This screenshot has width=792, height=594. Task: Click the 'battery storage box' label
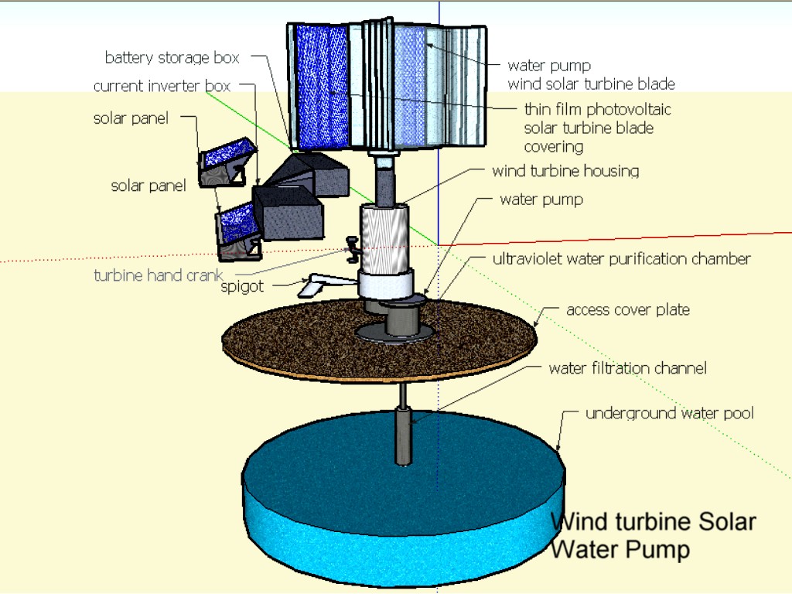(x=172, y=58)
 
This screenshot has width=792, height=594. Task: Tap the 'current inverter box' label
(x=162, y=86)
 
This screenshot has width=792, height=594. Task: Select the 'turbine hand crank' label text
(x=159, y=275)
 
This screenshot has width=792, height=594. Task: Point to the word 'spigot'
(x=242, y=286)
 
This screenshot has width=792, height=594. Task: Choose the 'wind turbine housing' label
(x=565, y=170)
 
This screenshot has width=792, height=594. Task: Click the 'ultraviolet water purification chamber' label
(x=621, y=259)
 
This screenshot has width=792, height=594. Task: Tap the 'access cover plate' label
(x=627, y=310)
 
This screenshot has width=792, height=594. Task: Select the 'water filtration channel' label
(x=627, y=368)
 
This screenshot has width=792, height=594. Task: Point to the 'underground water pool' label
(x=669, y=414)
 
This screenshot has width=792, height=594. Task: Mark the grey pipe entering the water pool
(x=403, y=433)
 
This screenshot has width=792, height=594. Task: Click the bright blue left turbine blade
(x=322, y=85)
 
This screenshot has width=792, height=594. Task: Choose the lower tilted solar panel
(x=235, y=224)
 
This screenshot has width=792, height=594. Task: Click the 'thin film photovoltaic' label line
(x=597, y=110)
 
